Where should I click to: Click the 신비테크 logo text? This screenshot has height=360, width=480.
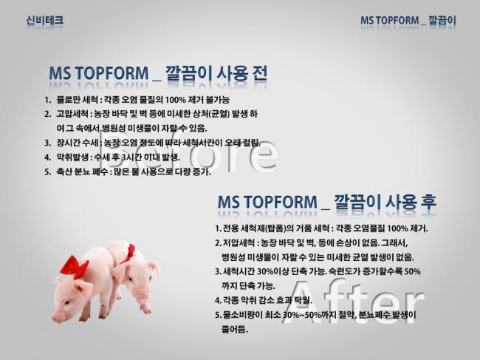[x=45, y=20]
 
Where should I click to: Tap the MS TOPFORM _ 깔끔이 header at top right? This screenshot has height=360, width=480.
[x=408, y=21]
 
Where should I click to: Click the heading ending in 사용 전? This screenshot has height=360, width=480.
[x=158, y=73]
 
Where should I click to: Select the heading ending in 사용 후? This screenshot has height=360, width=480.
[x=327, y=203]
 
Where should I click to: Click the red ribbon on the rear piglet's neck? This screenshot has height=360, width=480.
[x=128, y=254]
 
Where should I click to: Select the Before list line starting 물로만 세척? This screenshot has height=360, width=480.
[x=137, y=100]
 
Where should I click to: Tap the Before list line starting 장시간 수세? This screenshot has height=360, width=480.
[x=152, y=143]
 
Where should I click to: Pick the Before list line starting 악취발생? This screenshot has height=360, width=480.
[x=112, y=157]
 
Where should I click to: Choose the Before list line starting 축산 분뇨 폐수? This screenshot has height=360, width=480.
[x=127, y=171]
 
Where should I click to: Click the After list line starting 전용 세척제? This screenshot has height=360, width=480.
[x=321, y=228]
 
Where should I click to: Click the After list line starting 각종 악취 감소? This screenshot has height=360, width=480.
[x=264, y=300]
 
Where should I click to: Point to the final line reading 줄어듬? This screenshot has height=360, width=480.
[x=235, y=330]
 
